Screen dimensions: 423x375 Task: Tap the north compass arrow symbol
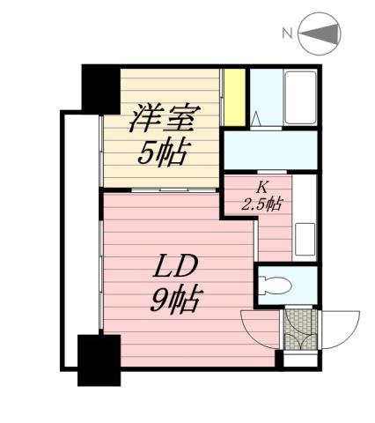click(320, 35)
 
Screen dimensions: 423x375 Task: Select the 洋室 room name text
click(163, 116)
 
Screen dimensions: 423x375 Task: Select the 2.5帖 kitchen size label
click(261, 204)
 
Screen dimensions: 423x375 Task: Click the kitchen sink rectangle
click(304, 238)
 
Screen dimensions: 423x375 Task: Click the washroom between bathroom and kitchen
click(268, 151)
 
